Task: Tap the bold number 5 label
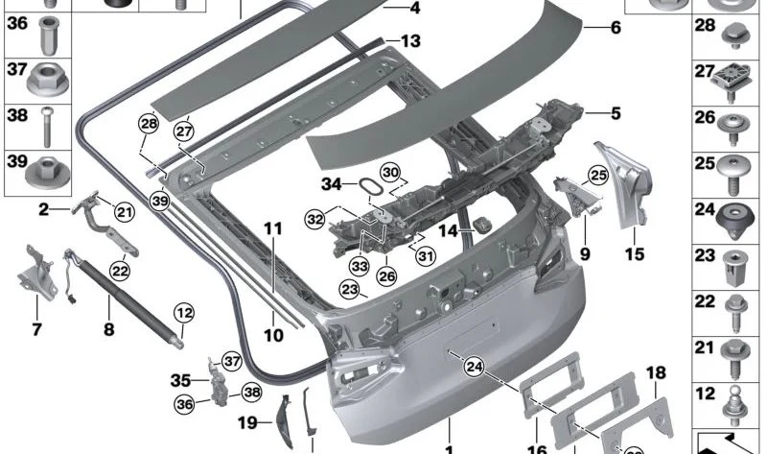point(616,113)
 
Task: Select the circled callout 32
point(315,219)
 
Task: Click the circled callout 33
point(360,267)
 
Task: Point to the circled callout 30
point(390,173)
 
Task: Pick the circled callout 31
point(426,255)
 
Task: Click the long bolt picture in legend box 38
point(47,127)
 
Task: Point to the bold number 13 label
point(410,41)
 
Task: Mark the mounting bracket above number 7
point(36,272)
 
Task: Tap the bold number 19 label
point(247,422)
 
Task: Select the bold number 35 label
point(180,380)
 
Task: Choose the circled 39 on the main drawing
point(160,201)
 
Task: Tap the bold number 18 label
point(656,372)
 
